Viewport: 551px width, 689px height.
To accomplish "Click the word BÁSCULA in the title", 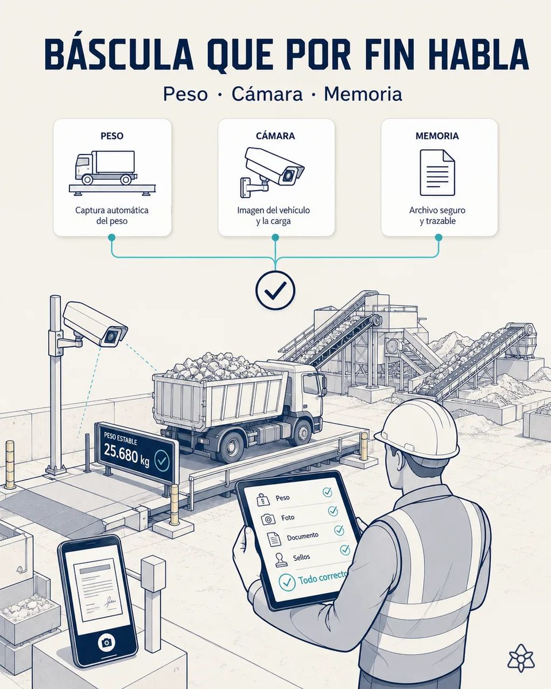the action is pyautogui.click(x=118, y=55).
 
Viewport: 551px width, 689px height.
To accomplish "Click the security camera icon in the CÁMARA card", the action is pyautogui.click(x=272, y=172).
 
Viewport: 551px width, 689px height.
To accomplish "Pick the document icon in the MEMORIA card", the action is pyautogui.click(x=437, y=173).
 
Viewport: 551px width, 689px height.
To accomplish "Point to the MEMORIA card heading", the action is pyautogui.click(x=437, y=136).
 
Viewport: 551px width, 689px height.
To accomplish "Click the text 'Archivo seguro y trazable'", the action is pyautogui.click(x=437, y=215).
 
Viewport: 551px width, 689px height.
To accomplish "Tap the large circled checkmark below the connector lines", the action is pyautogui.click(x=275, y=290).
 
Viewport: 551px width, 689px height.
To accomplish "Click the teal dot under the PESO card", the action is pyautogui.click(x=111, y=237).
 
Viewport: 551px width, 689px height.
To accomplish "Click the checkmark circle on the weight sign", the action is pyautogui.click(x=162, y=460).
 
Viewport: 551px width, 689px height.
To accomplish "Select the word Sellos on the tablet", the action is pyautogui.click(x=301, y=557).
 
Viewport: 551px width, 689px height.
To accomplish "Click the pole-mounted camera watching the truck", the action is pyautogui.click(x=95, y=326).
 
